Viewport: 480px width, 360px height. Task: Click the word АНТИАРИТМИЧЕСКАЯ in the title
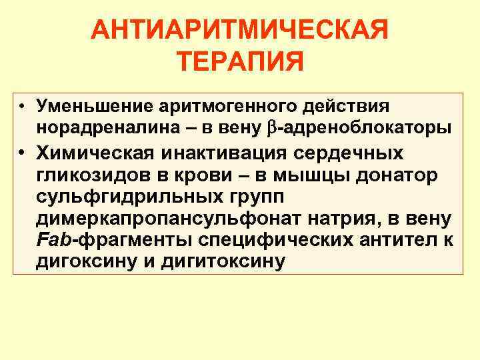(240, 31)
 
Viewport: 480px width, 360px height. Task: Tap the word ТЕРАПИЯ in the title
(241, 63)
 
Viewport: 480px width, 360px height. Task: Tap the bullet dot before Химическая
(22, 153)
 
